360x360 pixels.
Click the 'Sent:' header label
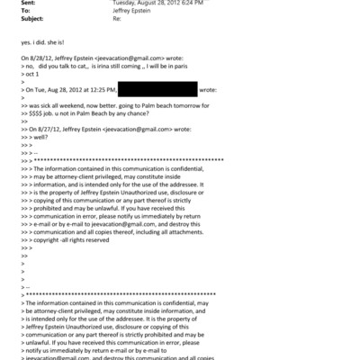[28, 3]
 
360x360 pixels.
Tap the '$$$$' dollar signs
[40, 112]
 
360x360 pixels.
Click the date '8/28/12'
[40, 57]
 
